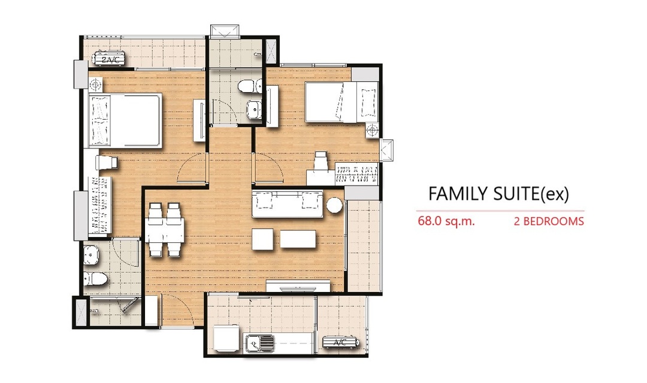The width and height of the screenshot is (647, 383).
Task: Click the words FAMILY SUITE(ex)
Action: tap(498, 194)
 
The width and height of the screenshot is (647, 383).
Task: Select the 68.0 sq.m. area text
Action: tap(446, 221)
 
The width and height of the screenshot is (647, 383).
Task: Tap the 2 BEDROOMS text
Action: tap(549, 221)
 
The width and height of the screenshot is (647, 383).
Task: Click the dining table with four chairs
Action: tap(165, 230)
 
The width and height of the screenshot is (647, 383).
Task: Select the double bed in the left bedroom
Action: tap(125, 120)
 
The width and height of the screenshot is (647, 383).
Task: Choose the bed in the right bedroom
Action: tap(341, 102)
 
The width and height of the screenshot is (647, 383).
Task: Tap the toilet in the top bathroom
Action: tap(250, 86)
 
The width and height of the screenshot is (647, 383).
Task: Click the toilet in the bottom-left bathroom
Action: tap(95, 279)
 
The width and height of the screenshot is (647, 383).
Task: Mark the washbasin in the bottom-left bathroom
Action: tap(91, 255)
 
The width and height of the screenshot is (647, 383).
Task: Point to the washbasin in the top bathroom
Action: tap(254, 108)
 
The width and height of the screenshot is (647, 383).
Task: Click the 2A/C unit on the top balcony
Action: tap(110, 58)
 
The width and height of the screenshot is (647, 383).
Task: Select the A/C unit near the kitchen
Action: tap(340, 342)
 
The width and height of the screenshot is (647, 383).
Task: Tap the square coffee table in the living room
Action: tap(263, 239)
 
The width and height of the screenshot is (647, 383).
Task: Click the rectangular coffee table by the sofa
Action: tap(298, 239)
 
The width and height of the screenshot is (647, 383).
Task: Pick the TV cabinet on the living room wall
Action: tap(298, 285)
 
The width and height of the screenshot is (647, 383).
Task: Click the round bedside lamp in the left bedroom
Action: tap(95, 85)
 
